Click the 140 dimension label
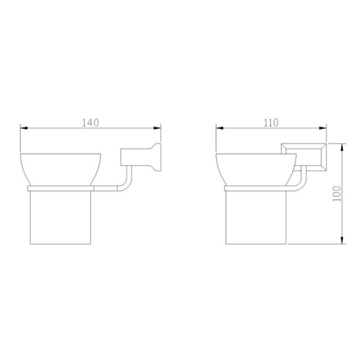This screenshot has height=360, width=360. pyautogui.click(x=91, y=123)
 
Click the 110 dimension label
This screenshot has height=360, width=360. pyautogui.click(x=271, y=123)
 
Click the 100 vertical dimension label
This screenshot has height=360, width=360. pyautogui.click(x=337, y=194)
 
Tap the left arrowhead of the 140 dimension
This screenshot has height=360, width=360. pyautogui.click(x=24, y=128)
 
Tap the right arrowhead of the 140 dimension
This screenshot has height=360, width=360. pyautogui.click(x=157, y=128)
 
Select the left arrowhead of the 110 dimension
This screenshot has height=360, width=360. pyautogui.click(x=220, y=128)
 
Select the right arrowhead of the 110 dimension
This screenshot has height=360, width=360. pyautogui.click(x=323, y=128)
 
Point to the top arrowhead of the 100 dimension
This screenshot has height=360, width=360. pyautogui.click(x=342, y=147)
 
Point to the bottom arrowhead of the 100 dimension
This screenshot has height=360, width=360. pyautogui.click(x=342, y=240)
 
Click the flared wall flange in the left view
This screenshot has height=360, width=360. pyautogui.click(x=156, y=157)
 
